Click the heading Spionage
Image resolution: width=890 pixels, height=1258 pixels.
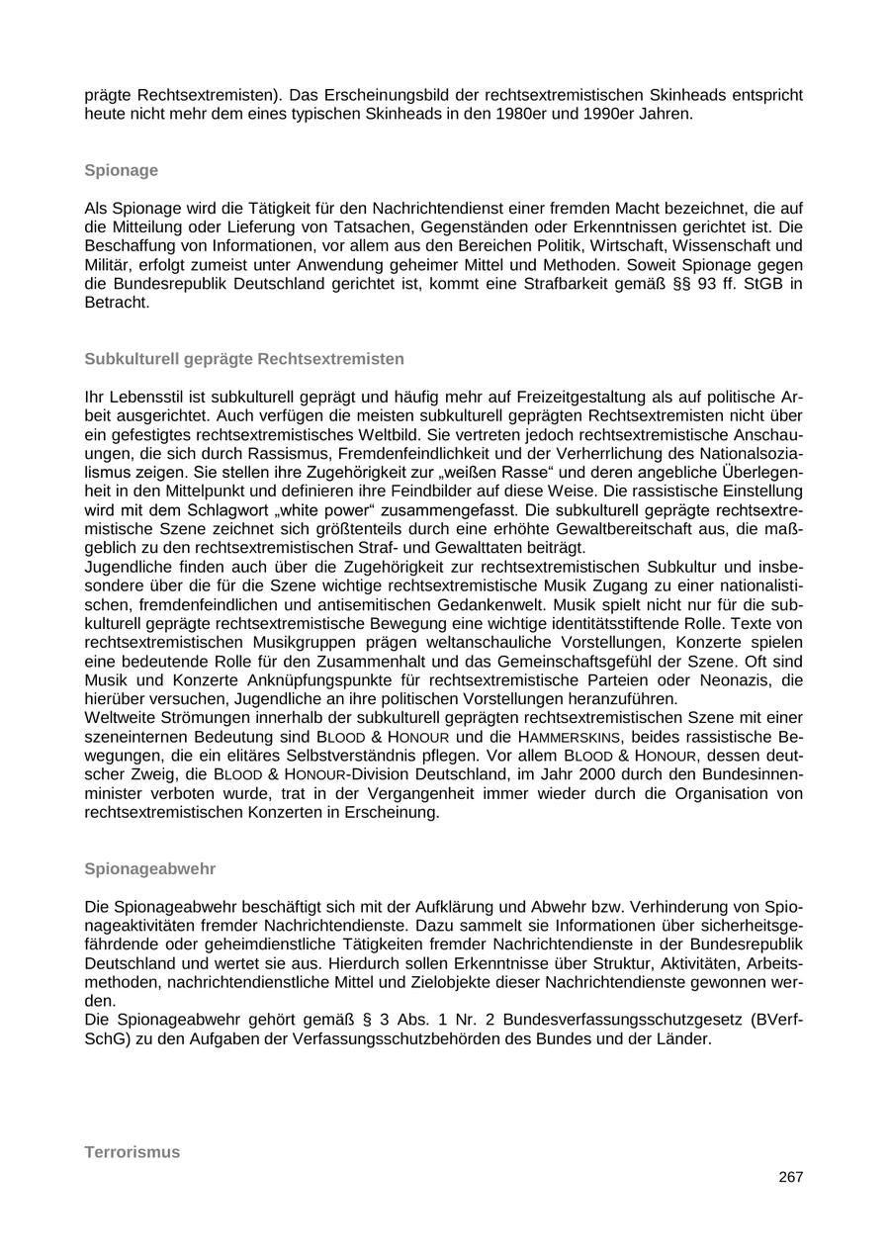[x=121, y=170]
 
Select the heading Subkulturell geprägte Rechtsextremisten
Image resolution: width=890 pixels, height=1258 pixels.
[x=244, y=358]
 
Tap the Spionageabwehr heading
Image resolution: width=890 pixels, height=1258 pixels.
[x=149, y=868]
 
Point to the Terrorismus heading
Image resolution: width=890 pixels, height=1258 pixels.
[x=133, y=1152]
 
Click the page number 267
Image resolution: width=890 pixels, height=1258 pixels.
[x=790, y=1177]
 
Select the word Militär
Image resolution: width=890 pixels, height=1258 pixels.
[x=108, y=265]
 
